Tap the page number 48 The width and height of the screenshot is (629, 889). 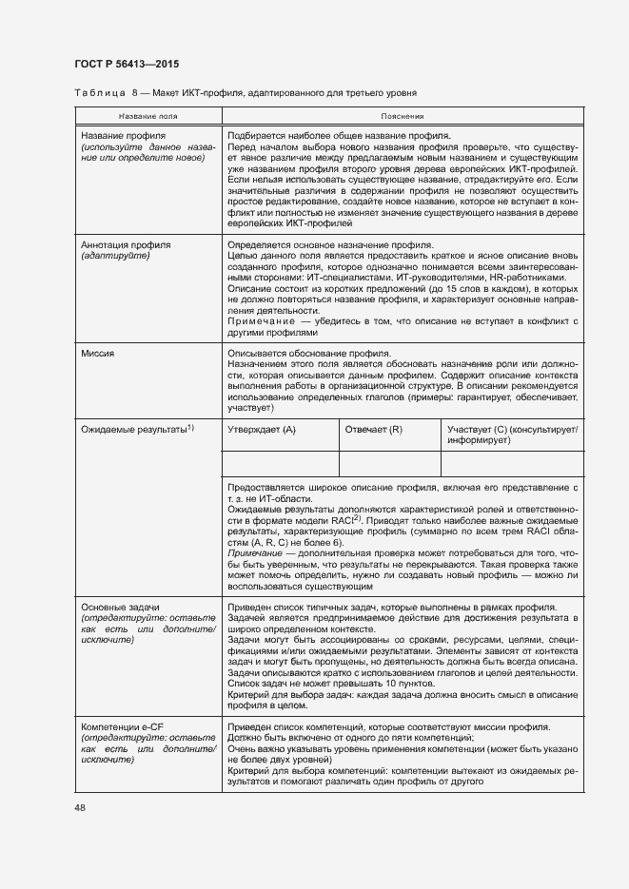click(80, 808)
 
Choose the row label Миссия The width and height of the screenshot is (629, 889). click(97, 353)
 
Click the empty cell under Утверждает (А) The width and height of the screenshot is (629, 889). click(280, 463)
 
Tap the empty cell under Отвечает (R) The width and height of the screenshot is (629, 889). click(389, 463)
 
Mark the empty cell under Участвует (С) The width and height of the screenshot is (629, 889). click(512, 463)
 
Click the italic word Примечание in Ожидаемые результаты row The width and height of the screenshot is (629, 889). click(253, 552)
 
